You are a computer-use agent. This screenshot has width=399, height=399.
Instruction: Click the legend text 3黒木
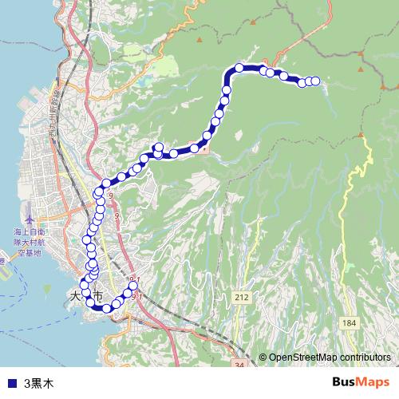click(x=39, y=383)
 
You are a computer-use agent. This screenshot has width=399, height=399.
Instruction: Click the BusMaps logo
click(x=361, y=382)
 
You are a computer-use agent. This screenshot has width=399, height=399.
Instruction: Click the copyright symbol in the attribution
click(x=263, y=358)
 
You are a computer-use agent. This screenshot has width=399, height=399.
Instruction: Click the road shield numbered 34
click(x=239, y=365)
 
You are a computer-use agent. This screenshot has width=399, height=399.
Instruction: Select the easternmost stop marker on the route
click(x=314, y=81)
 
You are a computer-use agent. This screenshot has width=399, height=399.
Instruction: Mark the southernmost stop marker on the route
click(x=106, y=308)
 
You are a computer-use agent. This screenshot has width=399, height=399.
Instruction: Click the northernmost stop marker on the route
click(x=239, y=67)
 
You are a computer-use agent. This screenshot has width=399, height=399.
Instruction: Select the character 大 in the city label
click(x=77, y=295)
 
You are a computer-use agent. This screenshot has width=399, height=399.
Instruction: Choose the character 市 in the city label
click(x=98, y=296)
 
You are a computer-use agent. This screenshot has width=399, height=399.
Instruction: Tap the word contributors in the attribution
click(x=365, y=358)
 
